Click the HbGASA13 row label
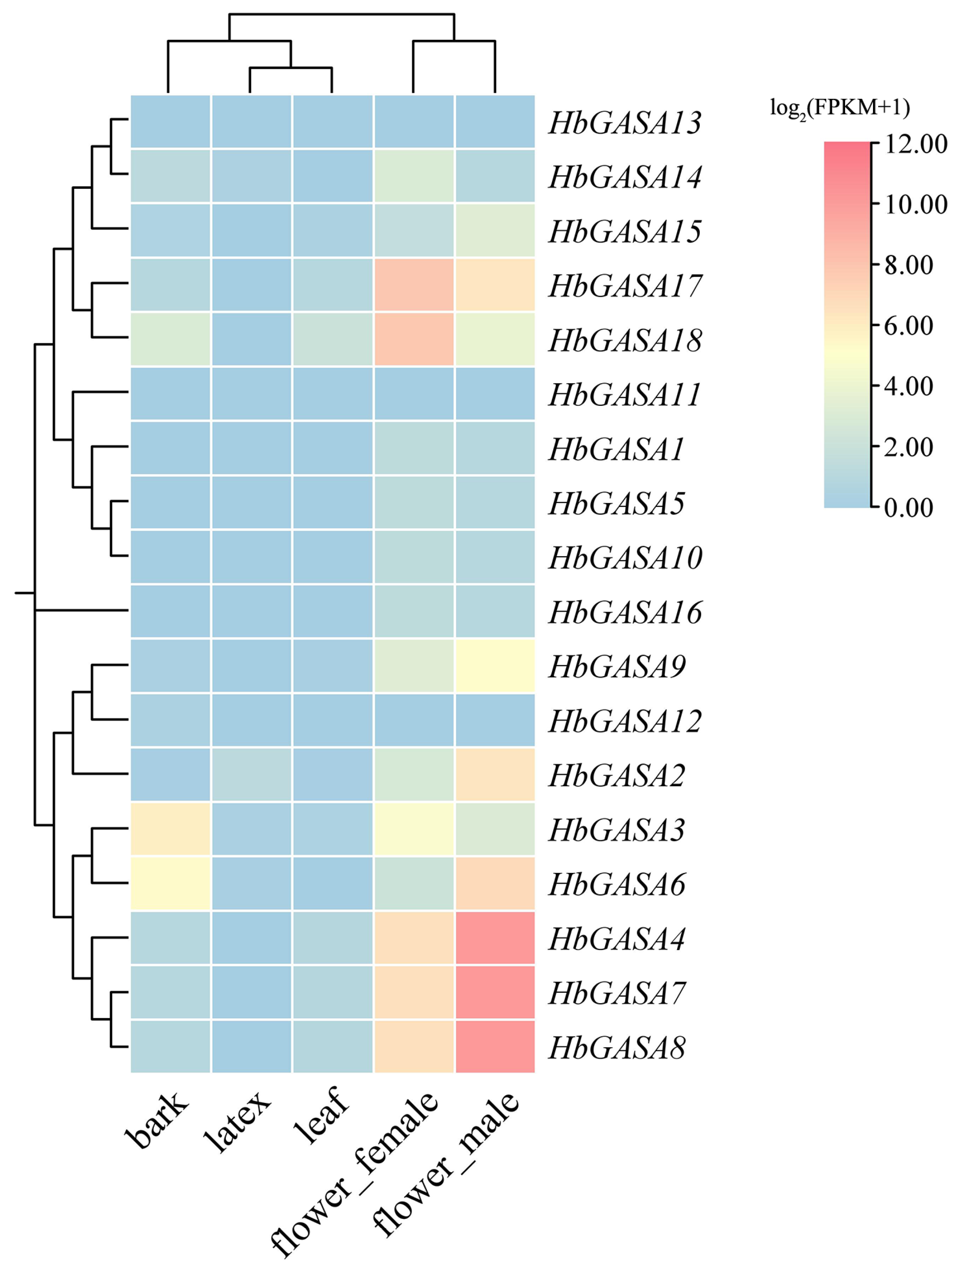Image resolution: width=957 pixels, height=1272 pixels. coord(624,122)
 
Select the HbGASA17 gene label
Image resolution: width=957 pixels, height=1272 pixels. coord(624,286)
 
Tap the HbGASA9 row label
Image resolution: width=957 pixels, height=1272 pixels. coord(617,667)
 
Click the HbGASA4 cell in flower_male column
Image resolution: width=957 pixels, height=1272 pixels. coord(495,938)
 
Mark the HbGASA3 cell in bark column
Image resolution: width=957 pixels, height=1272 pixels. coord(170,829)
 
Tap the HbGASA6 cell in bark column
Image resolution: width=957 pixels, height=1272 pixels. coord(170,884)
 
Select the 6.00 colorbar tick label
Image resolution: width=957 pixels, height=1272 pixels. coord(908,325)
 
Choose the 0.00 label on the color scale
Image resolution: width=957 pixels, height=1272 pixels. coord(908,508)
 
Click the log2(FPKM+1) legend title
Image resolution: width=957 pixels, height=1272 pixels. coord(840,109)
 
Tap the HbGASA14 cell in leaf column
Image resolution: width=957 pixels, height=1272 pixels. coord(333,176)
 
